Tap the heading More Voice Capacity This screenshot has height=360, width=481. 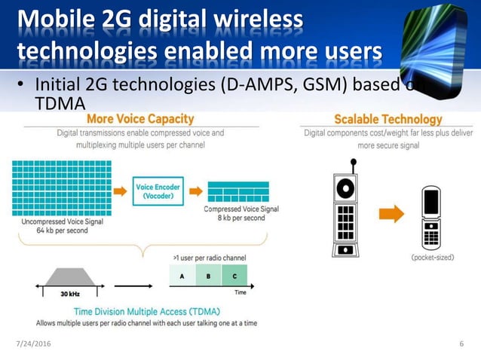140,119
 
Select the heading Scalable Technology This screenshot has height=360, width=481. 388,119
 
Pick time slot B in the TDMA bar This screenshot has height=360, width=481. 210,276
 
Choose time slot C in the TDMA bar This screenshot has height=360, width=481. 234,276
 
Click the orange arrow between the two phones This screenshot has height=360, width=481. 390,214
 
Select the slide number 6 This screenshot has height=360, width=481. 461,344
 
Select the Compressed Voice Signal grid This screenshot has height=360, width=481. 237,192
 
